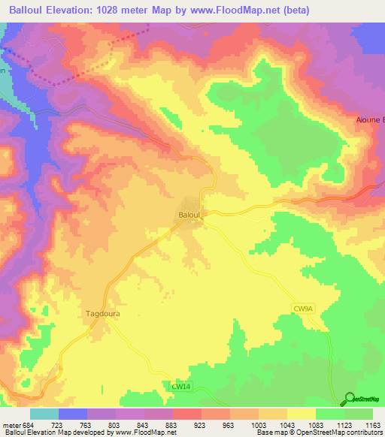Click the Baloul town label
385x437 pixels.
pos(189,215)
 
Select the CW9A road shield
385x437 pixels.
pos(302,308)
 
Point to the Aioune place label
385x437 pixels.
pos(369,119)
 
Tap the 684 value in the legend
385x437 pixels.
pos(27,424)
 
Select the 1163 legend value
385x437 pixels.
pos(373,424)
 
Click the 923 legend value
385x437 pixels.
pos(201,424)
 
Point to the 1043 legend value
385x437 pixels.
pos(287,424)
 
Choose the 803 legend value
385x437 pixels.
pos(114,424)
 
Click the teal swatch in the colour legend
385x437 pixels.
pos(44,414)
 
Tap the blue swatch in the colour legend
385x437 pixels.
pos(73,414)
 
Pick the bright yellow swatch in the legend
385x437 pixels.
pos(302,414)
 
